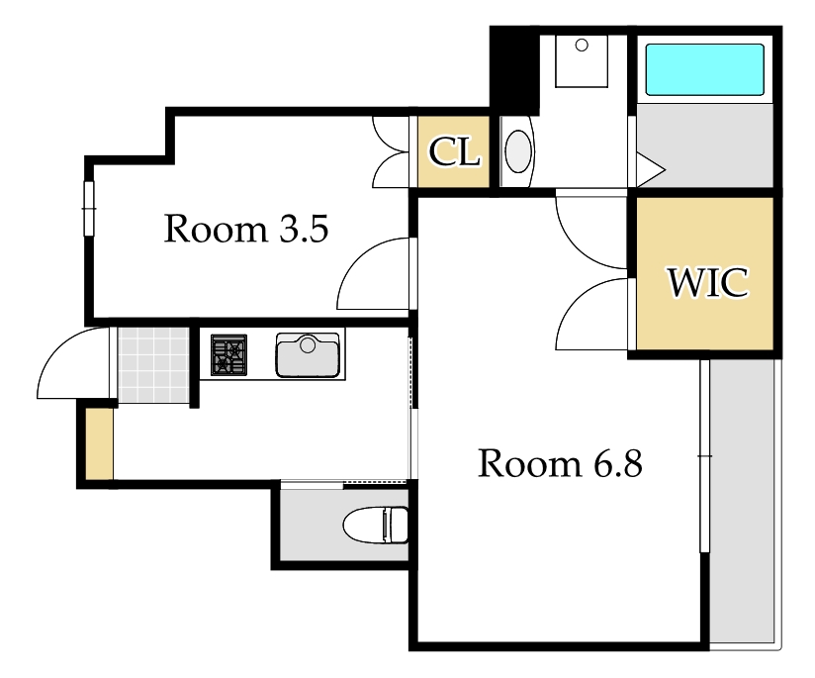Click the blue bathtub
(x=704, y=69)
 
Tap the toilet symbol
(x=376, y=525)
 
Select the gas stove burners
(x=228, y=355)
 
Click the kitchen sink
(x=308, y=355)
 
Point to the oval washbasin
(x=518, y=150)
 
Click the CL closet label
(x=454, y=152)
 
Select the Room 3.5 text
(x=246, y=228)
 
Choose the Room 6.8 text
(x=560, y=462)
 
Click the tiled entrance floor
(x=153, y=364)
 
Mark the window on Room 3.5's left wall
(x=89, y=208)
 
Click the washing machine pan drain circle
(x=582, y=46)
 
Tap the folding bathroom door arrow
(x=651, y=169)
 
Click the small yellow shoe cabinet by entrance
(x=99, y=443)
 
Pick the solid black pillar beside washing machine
(x=514, y=70)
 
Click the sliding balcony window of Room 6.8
(x=704, y=456)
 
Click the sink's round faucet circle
(x=308, y=343)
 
